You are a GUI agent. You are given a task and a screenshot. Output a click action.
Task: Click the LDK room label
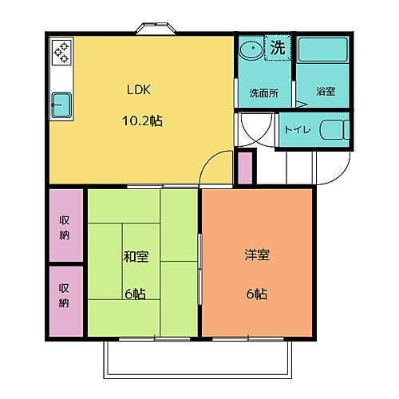133,90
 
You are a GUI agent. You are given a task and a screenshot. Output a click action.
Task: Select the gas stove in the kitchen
61,52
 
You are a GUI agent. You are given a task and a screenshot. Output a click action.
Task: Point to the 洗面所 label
263,92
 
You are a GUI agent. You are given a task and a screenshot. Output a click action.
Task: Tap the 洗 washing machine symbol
278,47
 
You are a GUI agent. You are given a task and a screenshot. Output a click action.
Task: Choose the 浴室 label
325,92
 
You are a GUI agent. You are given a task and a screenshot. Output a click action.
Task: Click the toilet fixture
331,128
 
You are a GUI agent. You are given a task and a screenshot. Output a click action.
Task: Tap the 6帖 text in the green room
134,293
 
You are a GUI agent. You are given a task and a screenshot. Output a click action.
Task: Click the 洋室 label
256,256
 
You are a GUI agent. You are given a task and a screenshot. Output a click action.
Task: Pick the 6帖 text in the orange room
256,293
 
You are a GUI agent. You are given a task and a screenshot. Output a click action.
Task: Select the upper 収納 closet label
65,227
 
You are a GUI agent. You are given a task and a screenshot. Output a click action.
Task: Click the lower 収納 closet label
65,297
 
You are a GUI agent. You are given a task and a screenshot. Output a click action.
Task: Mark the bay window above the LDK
156,29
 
